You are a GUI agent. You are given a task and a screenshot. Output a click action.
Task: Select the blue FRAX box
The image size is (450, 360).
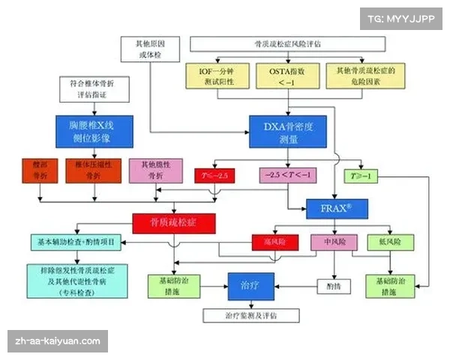click(337, 208)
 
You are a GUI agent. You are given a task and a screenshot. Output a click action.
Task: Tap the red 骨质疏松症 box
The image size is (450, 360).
click(174, 223)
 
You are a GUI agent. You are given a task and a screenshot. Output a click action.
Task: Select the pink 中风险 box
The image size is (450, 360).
click(333, 242)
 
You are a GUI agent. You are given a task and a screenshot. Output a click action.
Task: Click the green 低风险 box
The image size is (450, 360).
click(390, 242)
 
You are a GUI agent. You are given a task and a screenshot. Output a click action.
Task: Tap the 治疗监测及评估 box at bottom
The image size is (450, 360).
click(251, 316)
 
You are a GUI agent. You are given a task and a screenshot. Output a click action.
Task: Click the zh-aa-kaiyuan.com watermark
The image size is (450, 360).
click(58, 341)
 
